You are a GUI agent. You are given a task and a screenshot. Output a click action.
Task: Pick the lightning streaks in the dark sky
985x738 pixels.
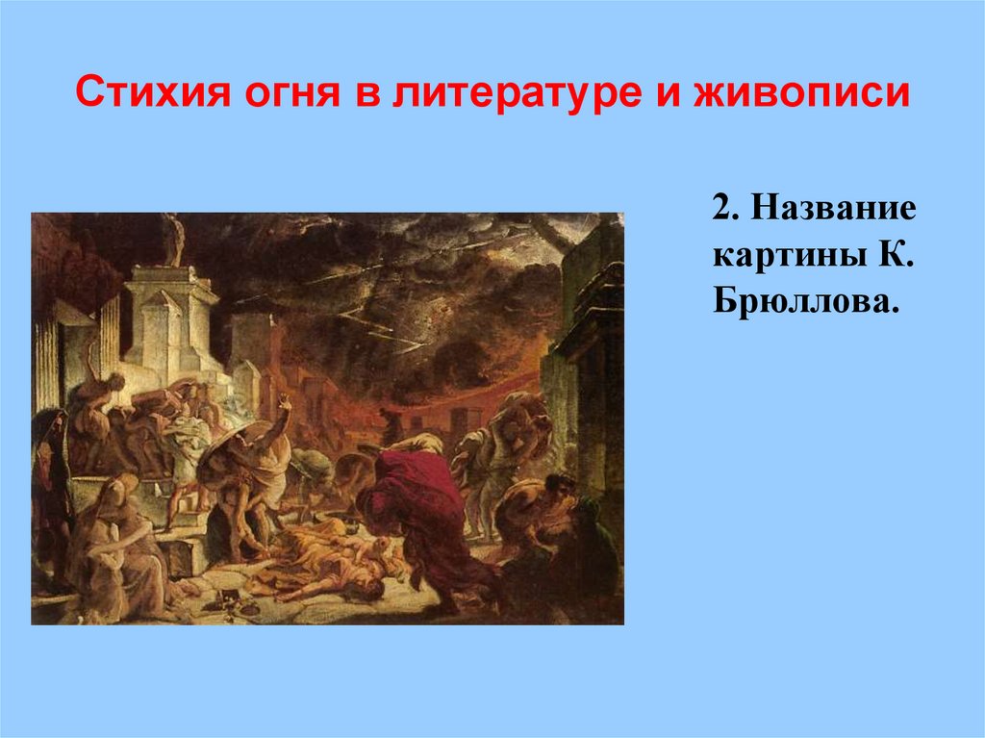pyautogui.click(x=385, y=308)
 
